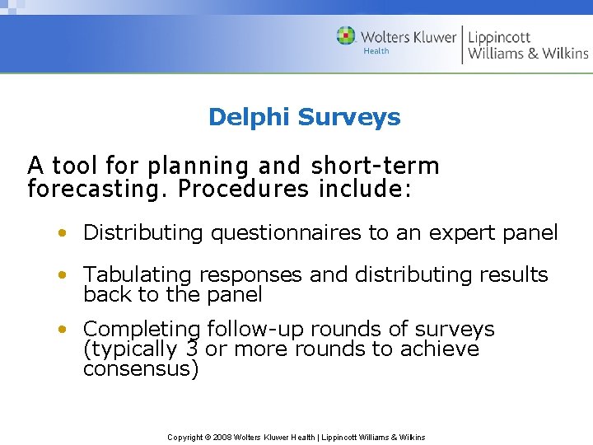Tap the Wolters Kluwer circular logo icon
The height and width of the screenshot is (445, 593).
(x=346, y=36)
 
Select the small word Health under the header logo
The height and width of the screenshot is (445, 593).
(x=376, y=51)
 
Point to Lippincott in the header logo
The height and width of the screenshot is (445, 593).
(x=499, y=36)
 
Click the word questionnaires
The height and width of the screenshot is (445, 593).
(x=286, y=233)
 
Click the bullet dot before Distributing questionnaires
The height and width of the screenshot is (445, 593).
(x=63, y=233)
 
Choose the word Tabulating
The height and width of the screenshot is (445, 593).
(x=137, y=274)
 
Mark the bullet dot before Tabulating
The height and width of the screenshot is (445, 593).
(x=63, y=274)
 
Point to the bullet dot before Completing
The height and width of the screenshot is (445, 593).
(x=63, y=330)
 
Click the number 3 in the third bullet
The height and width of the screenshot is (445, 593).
(x=191, y=349)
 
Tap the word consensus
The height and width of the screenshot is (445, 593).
(x=140, y=369)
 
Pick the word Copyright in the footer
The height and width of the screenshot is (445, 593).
(x=186, y=437)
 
